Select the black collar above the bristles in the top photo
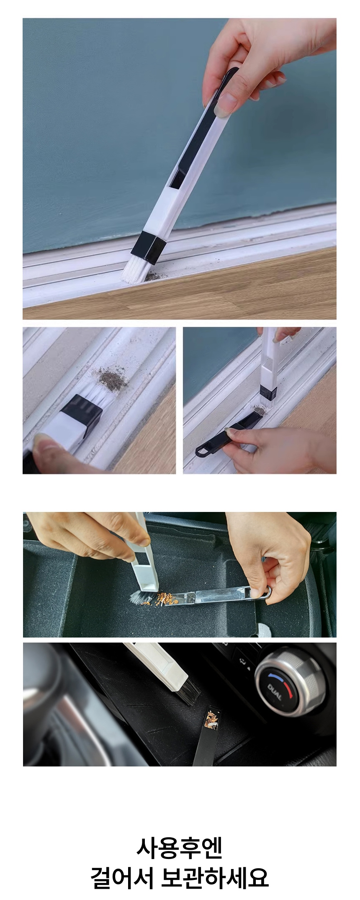pos(148,248)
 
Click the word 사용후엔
pos(180,846)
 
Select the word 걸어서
pos(122,876)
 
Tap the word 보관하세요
pos(215,876)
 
